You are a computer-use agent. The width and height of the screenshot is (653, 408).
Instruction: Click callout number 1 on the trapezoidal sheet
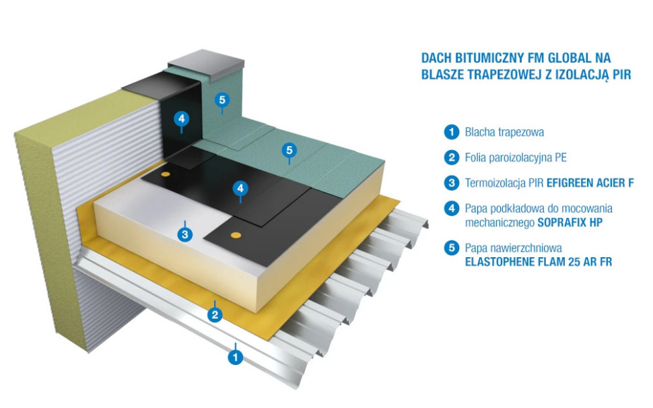click(x=235, y=358)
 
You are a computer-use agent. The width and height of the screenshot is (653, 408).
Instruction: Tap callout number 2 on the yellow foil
click(x=215, y=314)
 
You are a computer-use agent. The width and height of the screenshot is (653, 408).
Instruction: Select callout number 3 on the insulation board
click(x=185, y=234)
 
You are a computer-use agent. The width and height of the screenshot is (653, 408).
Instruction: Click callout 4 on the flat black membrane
click(x=240, y=189)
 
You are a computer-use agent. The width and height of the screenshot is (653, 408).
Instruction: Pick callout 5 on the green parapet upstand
click(x=223, y=101)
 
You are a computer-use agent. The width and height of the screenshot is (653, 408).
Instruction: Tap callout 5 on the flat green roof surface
click(x=289, y=149)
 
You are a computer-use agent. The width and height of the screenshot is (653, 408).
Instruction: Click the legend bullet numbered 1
click(x=451, y=132)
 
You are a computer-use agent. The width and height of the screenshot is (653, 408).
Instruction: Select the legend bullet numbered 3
click(x=451, y=182)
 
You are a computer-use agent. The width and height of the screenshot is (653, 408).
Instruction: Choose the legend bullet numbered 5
click(x=451, y=248)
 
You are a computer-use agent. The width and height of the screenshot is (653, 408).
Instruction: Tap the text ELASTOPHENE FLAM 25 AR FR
click(x=539, y=262)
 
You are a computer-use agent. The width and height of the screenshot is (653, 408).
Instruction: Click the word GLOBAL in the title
click(x=557, y=59)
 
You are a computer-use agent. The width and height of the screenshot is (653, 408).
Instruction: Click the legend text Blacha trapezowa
click(x=504, y=132)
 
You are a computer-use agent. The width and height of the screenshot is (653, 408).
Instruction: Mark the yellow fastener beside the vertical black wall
click(x=165, y=174)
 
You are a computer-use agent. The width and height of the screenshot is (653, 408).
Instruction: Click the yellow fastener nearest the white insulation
click(x=235, y=236)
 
